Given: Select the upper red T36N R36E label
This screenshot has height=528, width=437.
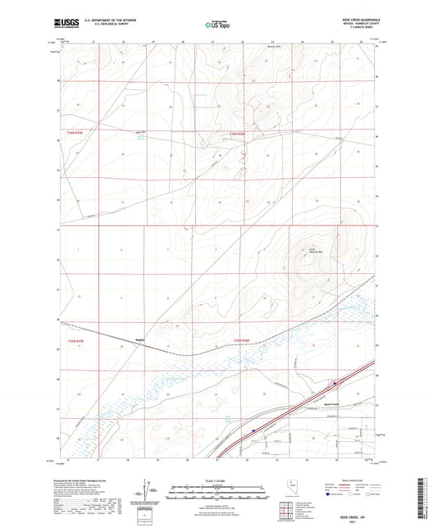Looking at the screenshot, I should [x=239, y=134].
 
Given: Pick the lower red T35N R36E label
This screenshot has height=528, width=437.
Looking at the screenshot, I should [x=240, y=339].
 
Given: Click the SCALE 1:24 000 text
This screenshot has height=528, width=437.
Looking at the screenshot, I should [x=217, y=481].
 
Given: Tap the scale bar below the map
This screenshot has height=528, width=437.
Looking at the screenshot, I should [x=217, y=492].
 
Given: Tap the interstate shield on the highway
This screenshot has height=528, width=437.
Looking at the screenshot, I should [x=255, y=429].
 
